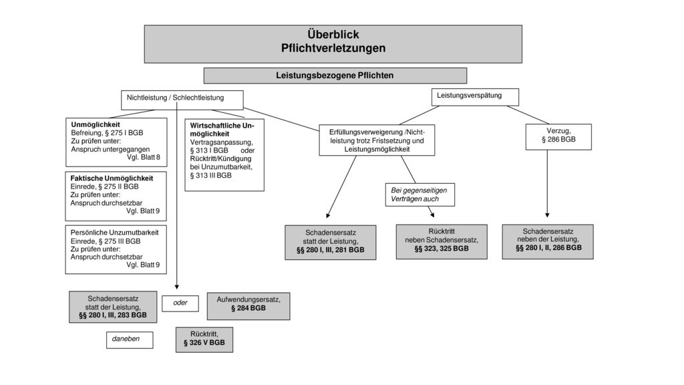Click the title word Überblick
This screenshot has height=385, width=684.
point(333,35)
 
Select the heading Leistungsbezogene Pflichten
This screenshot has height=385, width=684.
point(335,76)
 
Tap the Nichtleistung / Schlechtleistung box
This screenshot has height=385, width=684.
point(182,100)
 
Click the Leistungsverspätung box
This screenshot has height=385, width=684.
point(475,97)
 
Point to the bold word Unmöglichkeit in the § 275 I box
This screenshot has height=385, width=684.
point(96,124)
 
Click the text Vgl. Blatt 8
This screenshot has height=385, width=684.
point(144,157)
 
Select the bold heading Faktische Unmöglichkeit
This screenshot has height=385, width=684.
point(112,178)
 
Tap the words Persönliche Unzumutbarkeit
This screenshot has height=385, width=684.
point(114,233)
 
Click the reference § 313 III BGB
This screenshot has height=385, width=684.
point(210,176)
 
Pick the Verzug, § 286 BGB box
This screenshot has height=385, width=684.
point(558,137)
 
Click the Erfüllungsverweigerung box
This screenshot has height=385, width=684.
point(377,140)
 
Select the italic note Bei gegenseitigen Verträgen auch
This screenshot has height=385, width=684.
point(419,195)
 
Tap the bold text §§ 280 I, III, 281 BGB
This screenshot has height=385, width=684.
point(330,250)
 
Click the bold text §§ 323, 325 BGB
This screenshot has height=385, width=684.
point(442,249)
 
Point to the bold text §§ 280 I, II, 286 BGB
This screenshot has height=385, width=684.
point(548,247)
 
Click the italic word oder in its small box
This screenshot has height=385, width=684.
point(180,303)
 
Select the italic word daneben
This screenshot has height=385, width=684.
point(126,339)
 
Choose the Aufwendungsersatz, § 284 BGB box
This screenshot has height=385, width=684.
point(248,306)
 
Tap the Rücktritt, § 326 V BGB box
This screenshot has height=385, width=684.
point(204,340)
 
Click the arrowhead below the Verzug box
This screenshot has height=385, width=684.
point(547,215)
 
